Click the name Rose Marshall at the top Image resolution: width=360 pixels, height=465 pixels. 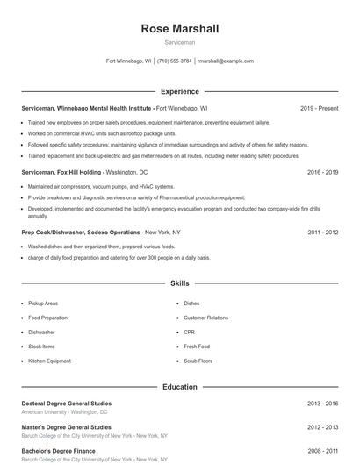tap(179, 29)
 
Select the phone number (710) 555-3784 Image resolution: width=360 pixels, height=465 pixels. tap(174, 61)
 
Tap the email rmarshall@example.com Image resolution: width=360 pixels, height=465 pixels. tap(226, 61)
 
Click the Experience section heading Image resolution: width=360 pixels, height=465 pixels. tap(179, 91)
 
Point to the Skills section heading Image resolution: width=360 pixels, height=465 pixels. tap(179, 284)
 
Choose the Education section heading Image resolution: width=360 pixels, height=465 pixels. tap(179, 386)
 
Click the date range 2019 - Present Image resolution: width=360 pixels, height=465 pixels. tap(319, 108)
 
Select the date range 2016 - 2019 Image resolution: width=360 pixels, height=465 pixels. tap(322, 173)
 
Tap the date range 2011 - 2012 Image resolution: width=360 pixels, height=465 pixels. tap(322, 232)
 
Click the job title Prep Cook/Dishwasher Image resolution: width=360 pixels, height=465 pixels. tap(54, 232)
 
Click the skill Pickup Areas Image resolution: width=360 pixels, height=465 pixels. tap(43, 304)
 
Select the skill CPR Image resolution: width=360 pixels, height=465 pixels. tap(190, 333)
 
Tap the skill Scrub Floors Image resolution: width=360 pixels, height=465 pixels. tap(198, 361)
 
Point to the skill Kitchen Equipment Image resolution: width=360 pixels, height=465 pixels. tap(49, 361)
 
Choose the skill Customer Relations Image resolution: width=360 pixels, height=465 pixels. tap(205, 318)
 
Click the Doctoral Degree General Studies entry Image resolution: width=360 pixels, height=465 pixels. tap(66, 404)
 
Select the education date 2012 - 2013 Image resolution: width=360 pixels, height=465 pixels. tap(322, 427)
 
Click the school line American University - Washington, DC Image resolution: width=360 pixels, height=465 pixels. tap(64, 411)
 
